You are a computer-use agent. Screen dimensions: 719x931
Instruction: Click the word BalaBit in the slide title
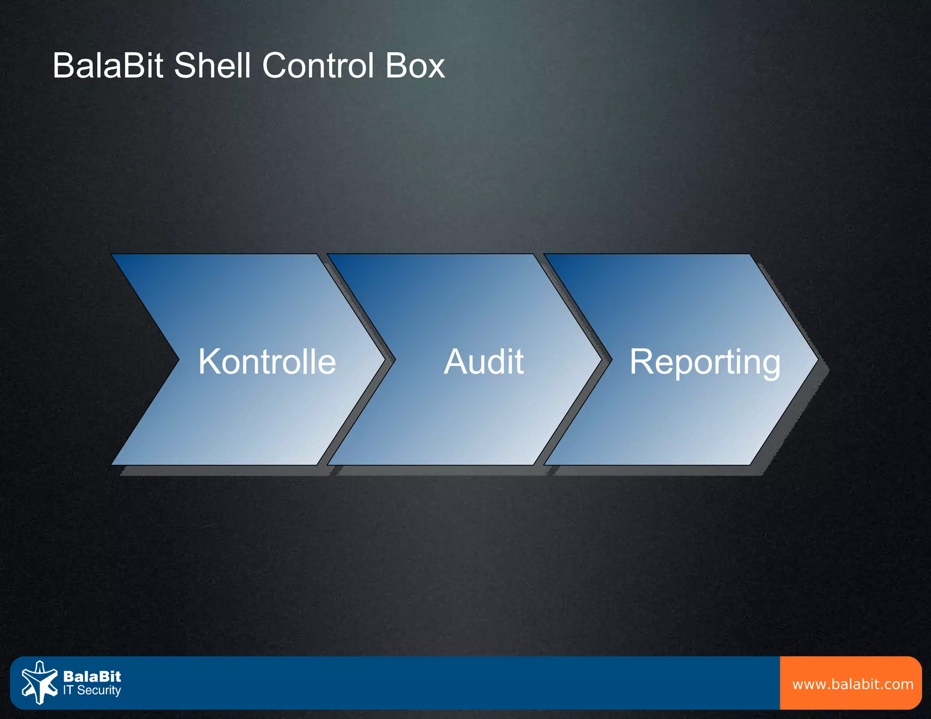(x=107, y=66)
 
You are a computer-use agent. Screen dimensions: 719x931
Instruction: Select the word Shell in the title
(x=212, y=66)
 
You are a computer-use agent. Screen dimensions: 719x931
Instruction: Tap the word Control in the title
(x=319, y=66)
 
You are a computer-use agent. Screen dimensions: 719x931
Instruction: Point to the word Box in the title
(x=415, y=66)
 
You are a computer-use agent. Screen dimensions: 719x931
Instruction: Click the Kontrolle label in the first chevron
(x=267, y=362)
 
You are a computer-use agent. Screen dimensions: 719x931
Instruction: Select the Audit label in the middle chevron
(x=483, y=362)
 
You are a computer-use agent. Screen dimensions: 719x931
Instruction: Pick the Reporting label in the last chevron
(x=705, y=362)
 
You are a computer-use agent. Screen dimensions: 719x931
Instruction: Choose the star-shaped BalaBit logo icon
(x=40, y=682)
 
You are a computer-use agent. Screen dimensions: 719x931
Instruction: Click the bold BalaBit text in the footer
(x=92, y=676)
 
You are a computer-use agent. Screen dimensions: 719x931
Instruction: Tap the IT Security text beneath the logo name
(x=92, y=690)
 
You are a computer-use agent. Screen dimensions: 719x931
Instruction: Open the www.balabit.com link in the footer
(x=852, y=684)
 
